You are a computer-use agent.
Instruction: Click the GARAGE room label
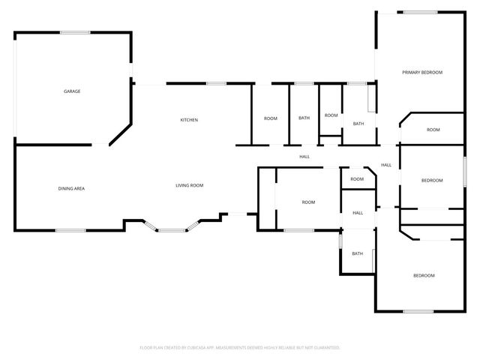72,91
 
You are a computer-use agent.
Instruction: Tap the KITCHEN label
189,120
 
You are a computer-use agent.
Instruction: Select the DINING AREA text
71,188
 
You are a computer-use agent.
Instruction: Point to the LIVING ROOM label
190,185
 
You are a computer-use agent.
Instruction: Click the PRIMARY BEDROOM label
422,73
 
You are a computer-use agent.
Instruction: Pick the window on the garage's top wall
75,32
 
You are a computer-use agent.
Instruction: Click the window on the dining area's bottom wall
70,230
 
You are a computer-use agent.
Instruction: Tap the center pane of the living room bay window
172,230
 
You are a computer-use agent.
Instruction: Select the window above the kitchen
217,83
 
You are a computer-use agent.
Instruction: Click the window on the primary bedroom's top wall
420,13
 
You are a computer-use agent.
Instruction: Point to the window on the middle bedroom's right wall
465,172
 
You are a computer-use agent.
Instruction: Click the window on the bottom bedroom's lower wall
418,312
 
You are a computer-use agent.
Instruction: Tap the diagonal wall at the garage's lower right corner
121,135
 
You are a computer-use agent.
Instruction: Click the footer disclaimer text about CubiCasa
240,348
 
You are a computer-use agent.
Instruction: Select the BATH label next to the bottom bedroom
357,253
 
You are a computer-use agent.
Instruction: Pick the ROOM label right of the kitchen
271,118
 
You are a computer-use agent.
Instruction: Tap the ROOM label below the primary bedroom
433,130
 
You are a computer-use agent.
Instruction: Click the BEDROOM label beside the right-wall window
432,181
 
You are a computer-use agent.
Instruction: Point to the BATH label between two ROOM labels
304,118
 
